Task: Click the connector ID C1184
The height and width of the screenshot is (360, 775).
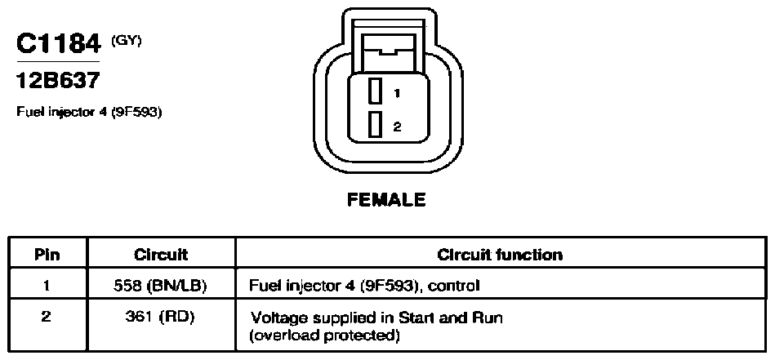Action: click(59, 44)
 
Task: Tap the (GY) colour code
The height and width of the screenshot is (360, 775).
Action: click(126, 42)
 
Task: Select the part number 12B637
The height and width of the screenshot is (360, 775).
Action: click(58, 80)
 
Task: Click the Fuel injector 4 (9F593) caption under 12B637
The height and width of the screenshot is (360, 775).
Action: click(90, 112)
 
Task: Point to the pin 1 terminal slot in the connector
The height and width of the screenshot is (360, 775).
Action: click(375, 91)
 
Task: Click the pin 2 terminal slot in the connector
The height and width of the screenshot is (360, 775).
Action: click(375, 124)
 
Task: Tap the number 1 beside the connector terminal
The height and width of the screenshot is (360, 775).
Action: click(397, 92)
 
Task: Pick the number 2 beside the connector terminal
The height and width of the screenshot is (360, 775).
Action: click(398, 127)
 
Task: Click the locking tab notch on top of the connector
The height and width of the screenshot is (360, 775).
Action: click(388, 50)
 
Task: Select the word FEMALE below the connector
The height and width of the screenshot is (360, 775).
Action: click(386, 200)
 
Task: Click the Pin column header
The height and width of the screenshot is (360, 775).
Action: click(47, 255)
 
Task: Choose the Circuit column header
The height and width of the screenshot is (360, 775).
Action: click(161, 255)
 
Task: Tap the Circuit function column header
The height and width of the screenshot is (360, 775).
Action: click(500, 255)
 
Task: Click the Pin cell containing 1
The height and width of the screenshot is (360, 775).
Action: click(46, 285)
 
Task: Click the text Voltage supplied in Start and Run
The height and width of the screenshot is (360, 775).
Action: click(376, 318)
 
